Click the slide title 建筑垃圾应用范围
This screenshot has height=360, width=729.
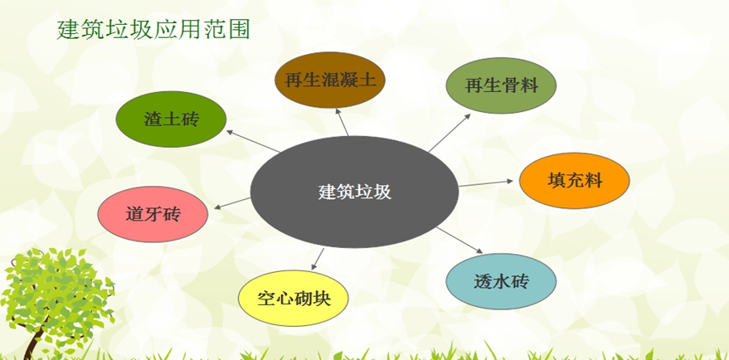153,30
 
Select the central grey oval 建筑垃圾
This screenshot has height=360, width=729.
354,192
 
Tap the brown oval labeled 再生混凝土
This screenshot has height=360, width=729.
330,80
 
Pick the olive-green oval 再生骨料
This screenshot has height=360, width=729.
501,85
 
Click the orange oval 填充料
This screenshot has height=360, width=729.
575,181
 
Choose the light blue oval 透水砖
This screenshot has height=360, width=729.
501,281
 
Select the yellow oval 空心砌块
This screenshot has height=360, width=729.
294,298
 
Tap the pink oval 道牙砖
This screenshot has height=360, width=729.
153,214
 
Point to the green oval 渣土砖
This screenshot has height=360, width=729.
171,119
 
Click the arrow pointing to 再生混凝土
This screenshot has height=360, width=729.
343,122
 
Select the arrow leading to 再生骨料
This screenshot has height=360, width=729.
450,133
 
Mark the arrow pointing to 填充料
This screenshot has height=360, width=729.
486,183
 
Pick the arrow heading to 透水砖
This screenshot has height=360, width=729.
459,240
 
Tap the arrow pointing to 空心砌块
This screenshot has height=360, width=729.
318,259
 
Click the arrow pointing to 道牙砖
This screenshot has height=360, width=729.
232,203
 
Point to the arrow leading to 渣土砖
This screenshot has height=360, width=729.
253,141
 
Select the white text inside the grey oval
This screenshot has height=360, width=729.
355,192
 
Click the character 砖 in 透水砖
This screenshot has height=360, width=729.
520,281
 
